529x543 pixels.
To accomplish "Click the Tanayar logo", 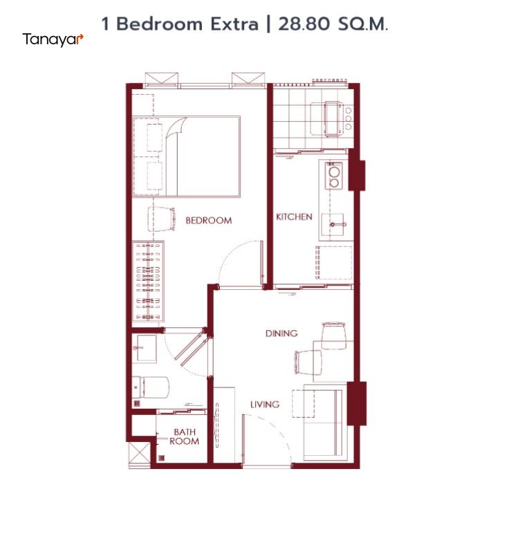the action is point(53,40).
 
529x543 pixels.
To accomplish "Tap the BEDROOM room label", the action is point(209,221).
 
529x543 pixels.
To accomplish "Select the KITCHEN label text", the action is point(294,217).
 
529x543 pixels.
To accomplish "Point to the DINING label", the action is point(281,333).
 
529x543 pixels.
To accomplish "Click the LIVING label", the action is point(265,404).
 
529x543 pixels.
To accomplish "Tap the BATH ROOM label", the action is point(184,436).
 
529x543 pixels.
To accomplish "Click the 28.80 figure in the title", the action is point(304,24).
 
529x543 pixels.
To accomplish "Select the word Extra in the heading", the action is point(234,24).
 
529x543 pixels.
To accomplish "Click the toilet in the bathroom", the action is point(151,387).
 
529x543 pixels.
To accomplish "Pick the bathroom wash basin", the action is point(144,348).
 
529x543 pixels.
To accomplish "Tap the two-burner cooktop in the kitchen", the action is point(334,176).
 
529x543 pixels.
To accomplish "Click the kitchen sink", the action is point(333,225).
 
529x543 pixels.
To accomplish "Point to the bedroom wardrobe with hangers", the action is point(148,282).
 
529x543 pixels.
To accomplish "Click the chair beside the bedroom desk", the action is point(161,219).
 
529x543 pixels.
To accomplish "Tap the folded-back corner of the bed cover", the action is point(177,127).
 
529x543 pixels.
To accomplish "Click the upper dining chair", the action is point(334,335).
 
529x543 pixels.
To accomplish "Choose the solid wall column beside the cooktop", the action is point(356,169).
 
